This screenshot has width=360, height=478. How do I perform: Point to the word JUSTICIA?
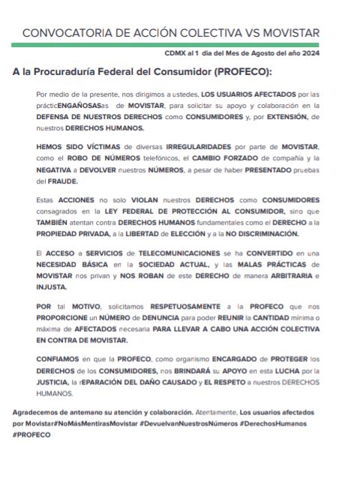pyautogui.click(x=54, y=382)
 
